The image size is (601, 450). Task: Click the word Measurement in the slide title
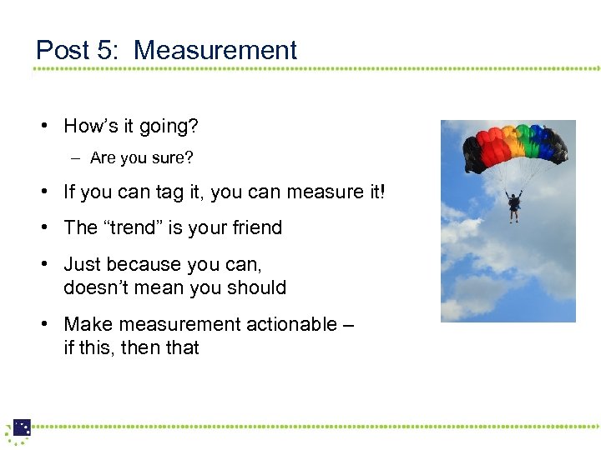pos(215,50)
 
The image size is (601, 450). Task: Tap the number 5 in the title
pos(108,50)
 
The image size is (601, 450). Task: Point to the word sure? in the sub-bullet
pos(165,158)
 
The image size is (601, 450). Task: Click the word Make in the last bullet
pos(87,324)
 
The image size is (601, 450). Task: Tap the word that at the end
pos(182,347)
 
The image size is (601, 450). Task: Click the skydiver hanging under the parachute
pos(514,205)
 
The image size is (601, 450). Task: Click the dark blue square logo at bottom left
pos(22,427)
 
